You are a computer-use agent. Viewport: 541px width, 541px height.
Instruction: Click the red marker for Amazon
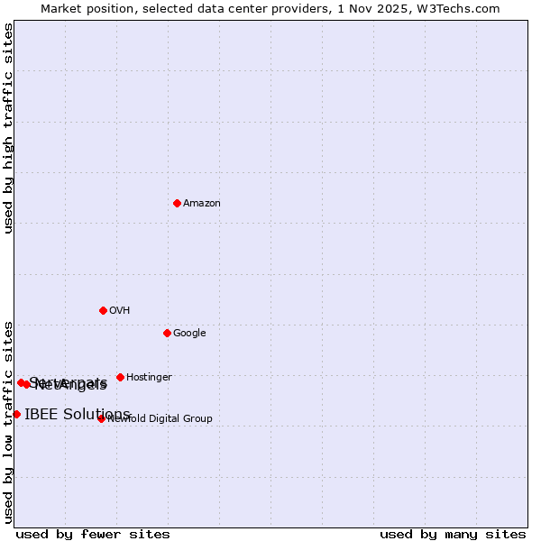(x=177, y=203)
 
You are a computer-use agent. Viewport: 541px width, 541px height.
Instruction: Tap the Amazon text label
(x=202, y=204)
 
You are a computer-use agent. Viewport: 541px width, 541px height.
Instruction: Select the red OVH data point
(x=103, y=310)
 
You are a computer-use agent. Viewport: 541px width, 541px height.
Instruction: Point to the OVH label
(x=120, y=311)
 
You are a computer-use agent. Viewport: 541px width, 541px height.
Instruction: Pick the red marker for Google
(x=167, y=333)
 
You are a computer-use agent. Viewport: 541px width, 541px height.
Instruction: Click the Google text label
(x=189, y=334)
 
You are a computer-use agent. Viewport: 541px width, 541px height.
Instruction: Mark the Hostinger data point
(x=120, y=377)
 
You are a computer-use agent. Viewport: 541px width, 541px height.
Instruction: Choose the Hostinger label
(x=149, y=378)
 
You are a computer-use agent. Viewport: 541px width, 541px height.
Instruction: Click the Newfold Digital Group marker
(x=101, y=418)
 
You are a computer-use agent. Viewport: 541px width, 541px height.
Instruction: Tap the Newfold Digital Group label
(x=160, y=419)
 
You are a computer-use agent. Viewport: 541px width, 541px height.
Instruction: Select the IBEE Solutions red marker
(x=16, y=414)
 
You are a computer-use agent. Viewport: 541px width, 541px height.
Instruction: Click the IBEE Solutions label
(x=78, y=415)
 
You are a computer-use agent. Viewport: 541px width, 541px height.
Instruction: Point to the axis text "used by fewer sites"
(x=93, y=535)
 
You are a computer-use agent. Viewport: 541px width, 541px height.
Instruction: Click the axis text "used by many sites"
(x=453, y=535)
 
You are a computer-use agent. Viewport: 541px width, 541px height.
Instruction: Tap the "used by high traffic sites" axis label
(x=9, y=128)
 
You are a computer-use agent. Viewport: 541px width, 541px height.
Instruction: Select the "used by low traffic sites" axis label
(x=9, y=422)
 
